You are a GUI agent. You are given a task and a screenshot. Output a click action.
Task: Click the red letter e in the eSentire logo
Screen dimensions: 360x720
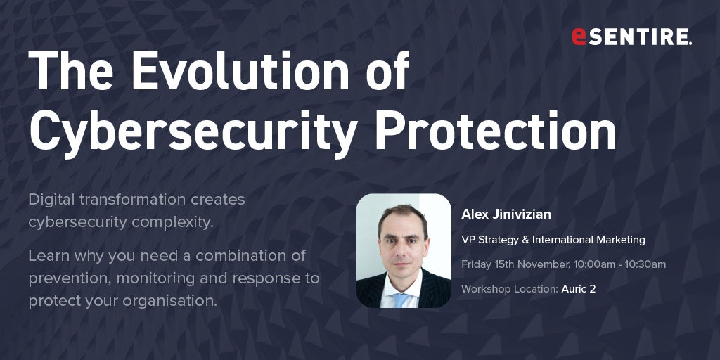coord(579,37)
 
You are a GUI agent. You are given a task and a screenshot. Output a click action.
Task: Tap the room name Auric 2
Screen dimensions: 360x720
coord(579,289)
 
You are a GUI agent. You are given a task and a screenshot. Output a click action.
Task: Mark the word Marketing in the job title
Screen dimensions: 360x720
coord(620,240)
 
